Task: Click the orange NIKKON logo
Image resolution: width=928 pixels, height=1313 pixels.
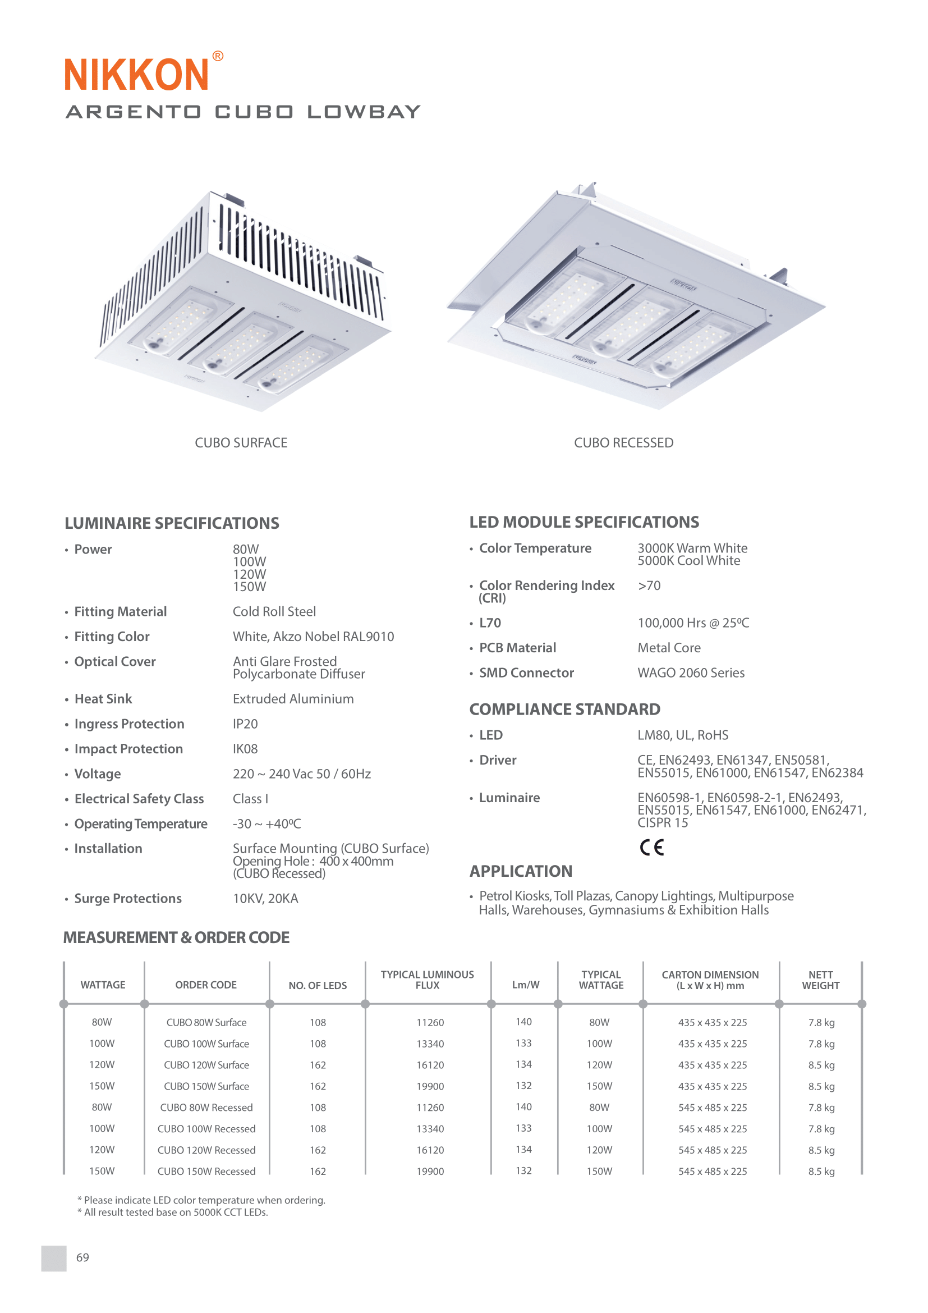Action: (137, 74)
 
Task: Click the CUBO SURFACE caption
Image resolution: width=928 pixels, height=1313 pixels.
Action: (241, 442)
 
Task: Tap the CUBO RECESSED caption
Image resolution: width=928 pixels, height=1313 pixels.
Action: (623, 442)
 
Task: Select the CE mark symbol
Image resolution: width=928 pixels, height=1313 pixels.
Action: (651, 847)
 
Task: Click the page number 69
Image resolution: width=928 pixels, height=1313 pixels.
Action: (82, 1257)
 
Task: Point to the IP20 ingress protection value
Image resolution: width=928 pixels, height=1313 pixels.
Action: (245, 724)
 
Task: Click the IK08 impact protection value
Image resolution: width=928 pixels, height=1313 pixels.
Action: (245, 749)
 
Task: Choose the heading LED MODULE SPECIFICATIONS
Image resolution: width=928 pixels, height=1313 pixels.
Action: (584, 522)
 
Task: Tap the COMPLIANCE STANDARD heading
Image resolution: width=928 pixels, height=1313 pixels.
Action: (564, 709)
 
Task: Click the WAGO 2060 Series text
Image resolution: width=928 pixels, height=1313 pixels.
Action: (691, 673)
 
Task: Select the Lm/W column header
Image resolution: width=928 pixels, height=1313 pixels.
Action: (525, 985)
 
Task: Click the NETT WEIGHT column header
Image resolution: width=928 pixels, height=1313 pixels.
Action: (821, 980)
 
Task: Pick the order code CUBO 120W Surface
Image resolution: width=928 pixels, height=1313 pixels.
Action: (206, 1065)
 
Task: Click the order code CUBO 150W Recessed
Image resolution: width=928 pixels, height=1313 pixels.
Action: (206, 1171)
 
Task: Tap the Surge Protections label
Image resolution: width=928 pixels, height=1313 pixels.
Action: (128, 898)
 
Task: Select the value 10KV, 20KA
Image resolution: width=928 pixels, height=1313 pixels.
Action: (265, 898)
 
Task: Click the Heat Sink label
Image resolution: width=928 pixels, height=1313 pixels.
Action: (103, 699)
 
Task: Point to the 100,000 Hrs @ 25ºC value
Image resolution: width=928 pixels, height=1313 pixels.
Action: (693, 623)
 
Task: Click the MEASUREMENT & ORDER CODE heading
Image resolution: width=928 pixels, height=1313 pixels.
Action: (177, 938)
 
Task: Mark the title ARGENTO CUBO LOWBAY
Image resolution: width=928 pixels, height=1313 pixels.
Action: (244, 112)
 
